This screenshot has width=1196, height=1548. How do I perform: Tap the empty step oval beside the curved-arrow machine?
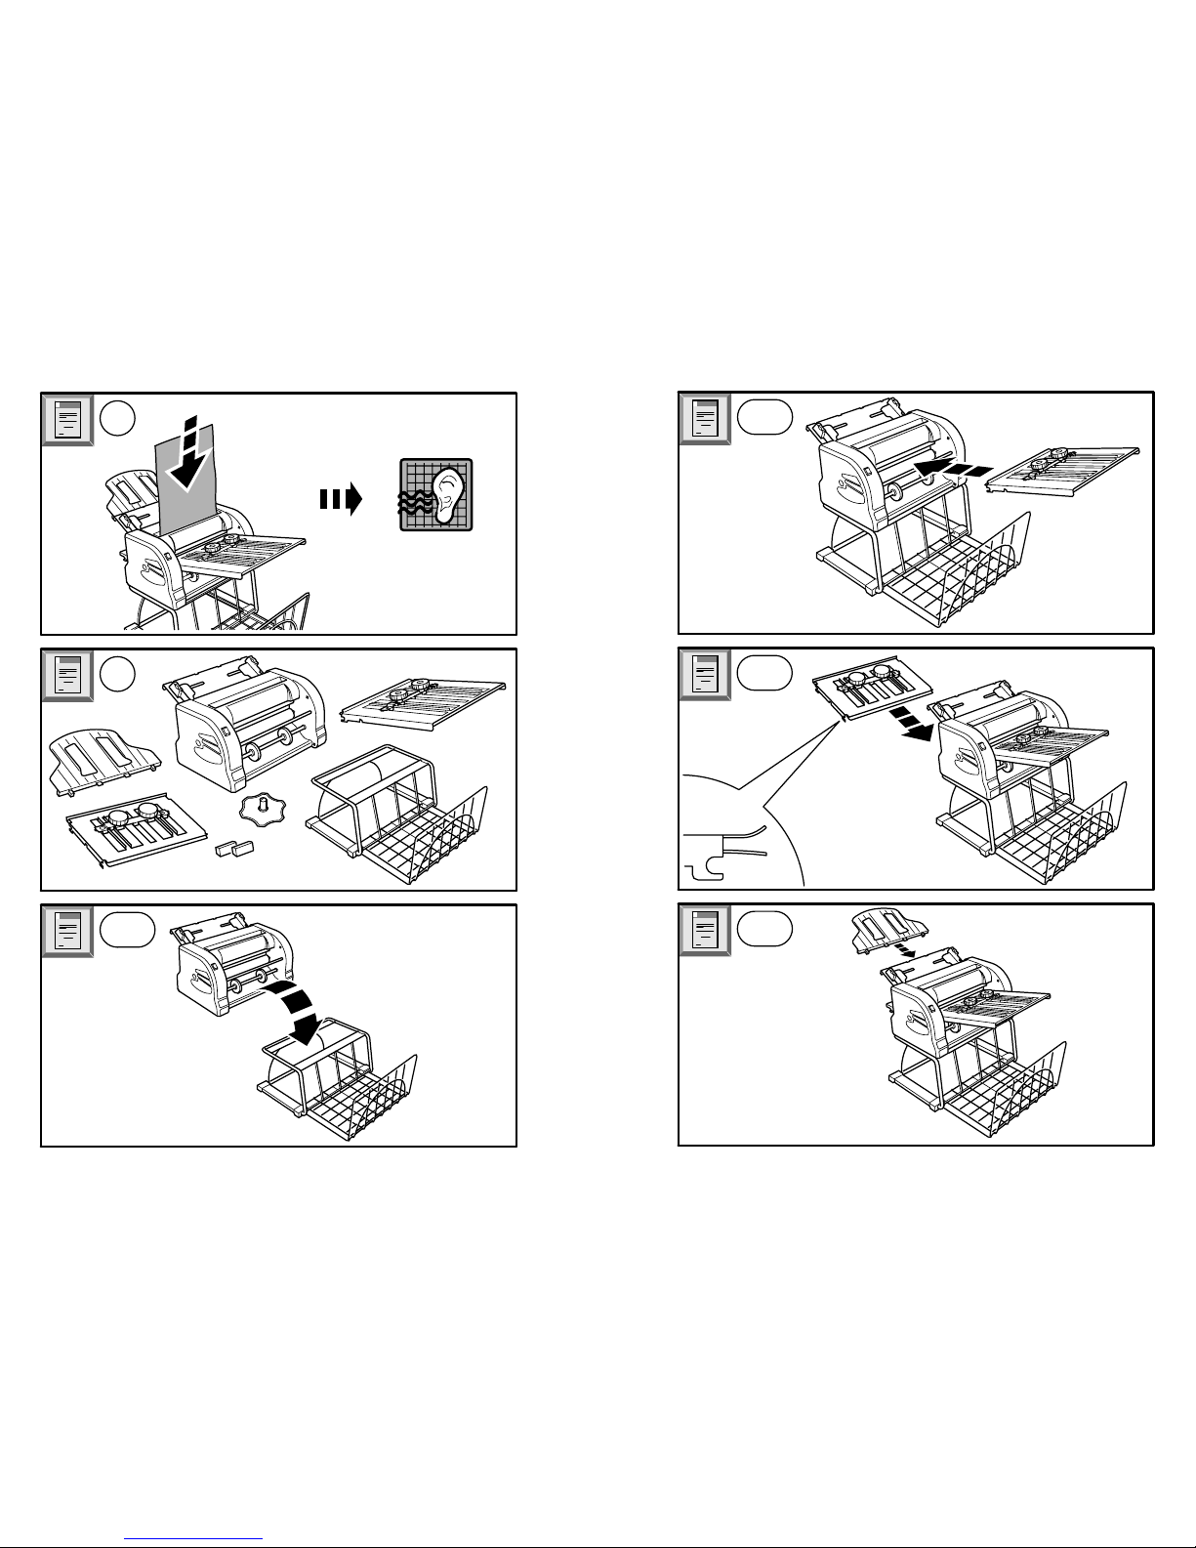[x=128, y=930]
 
